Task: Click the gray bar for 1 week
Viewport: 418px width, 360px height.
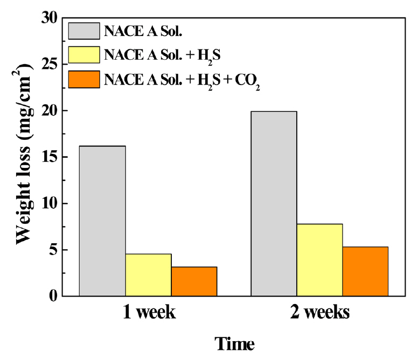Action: (x=102, y=221)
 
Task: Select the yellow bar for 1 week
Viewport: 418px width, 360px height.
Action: (x=148, y=275)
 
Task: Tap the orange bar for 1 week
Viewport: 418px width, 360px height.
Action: (x=194, y=281)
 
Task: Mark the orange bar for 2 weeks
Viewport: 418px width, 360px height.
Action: (x=365, y=272)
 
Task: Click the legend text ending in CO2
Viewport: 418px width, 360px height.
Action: (x=183, y=80)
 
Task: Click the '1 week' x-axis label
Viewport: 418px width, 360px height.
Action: (x=148, y=313)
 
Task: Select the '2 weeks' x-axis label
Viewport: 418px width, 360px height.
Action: (x=319, y=313)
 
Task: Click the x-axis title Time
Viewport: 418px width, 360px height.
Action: (x=234, y=343)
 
